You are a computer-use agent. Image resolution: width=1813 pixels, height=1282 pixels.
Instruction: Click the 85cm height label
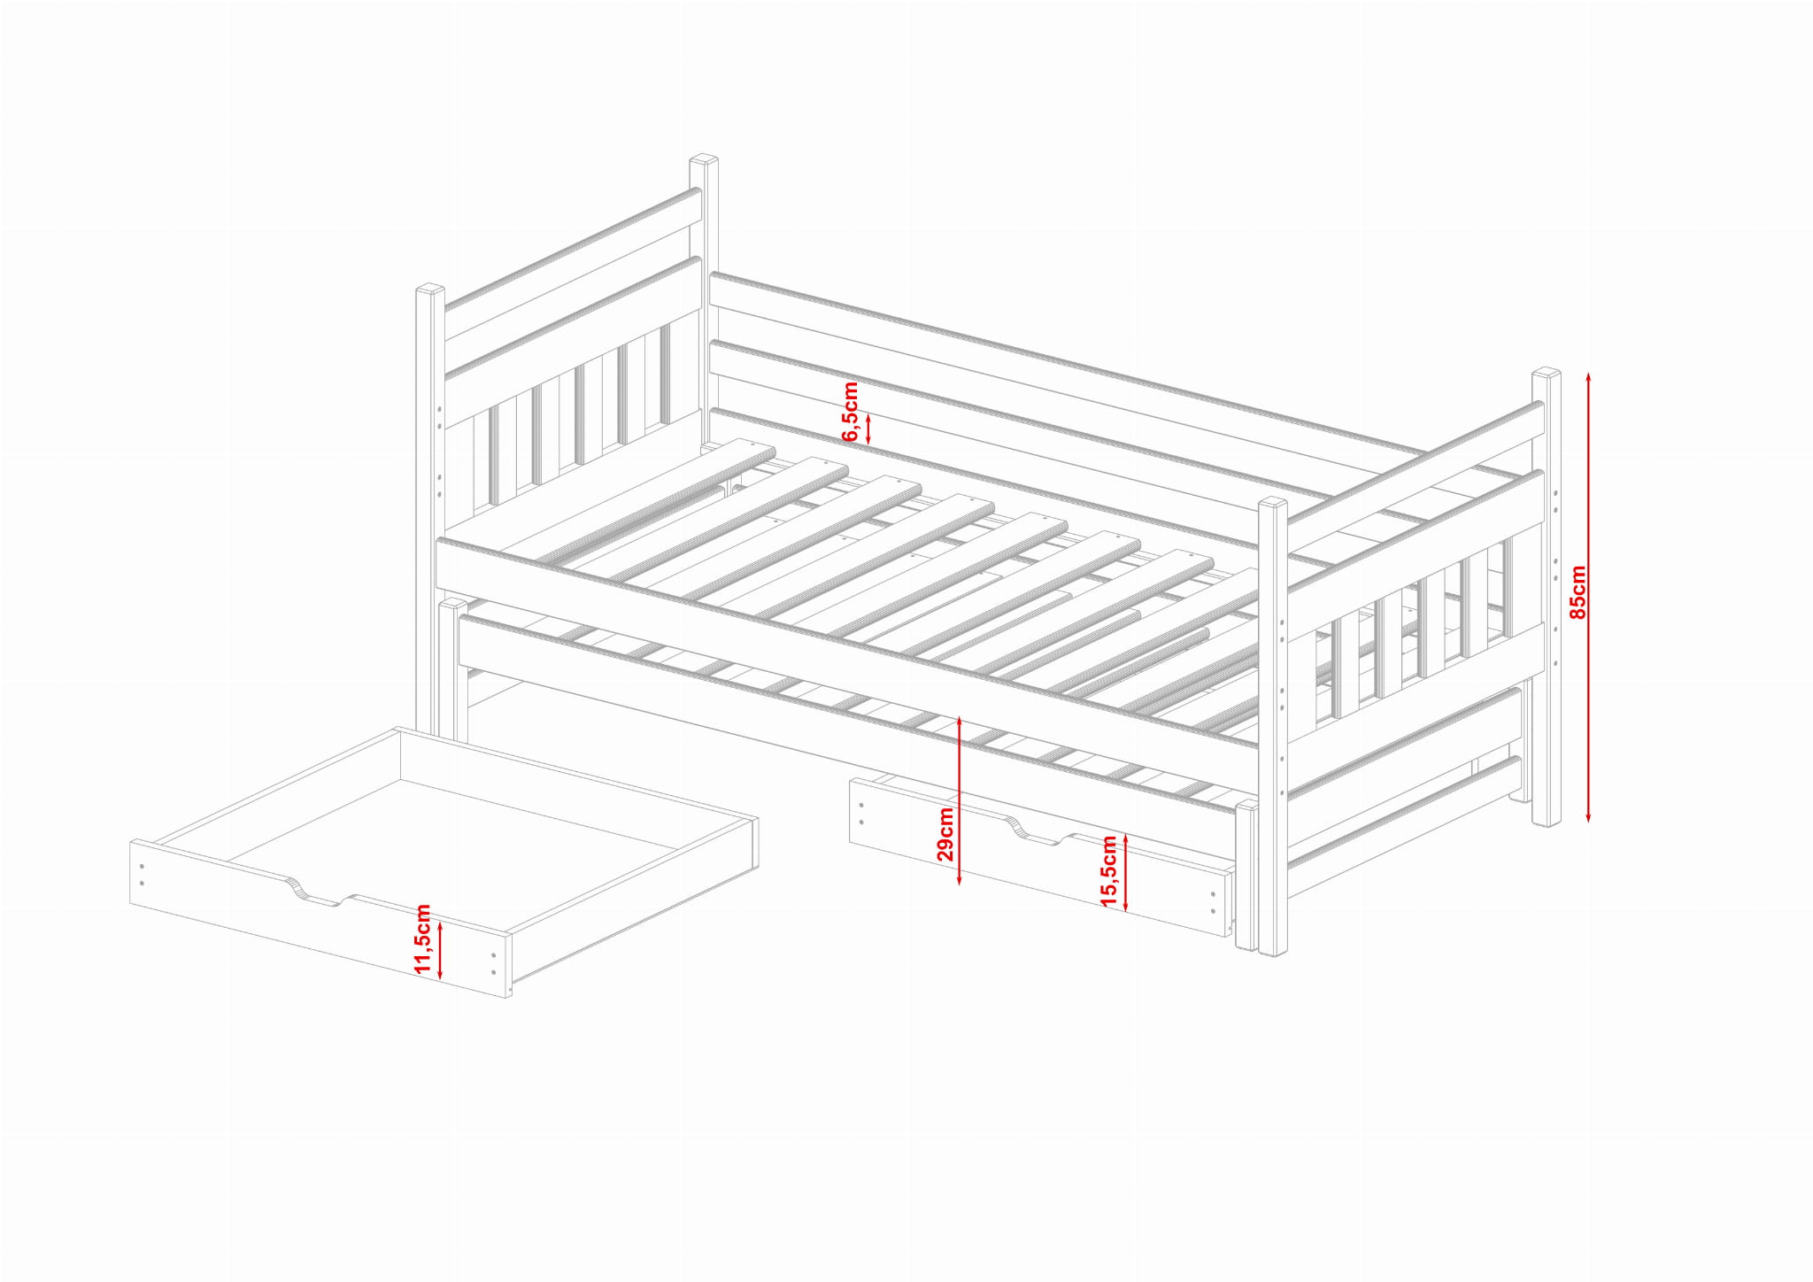(x=1577, y=592)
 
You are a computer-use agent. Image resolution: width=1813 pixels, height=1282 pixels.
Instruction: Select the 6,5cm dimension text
(x=851, y=412)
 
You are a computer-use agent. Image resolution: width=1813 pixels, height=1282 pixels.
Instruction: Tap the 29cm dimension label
(x=945, y=834)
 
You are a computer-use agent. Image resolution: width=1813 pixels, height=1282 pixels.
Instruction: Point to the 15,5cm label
(x=1108, y=871)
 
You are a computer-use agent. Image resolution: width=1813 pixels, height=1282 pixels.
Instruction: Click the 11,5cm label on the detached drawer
(x=422, y=939)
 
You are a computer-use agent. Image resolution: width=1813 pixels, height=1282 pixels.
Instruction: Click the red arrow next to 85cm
(x=1589, y=597)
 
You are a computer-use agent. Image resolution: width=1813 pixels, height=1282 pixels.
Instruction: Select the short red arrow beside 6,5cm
(x=868, y=429)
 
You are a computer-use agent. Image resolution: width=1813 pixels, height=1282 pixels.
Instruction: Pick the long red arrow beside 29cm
(x=960, y=801)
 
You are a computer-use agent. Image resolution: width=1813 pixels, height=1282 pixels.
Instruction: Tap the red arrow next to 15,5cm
(x=1125, y=872)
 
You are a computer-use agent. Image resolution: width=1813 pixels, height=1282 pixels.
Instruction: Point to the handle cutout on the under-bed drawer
(x=1039, y=831)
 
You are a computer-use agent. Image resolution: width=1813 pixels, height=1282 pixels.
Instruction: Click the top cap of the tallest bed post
(x=704, y=161)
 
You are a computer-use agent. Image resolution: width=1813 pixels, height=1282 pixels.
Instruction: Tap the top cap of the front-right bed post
(x=1273, y=503)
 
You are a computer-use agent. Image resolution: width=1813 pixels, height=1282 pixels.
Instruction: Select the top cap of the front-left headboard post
(x=430, y=290)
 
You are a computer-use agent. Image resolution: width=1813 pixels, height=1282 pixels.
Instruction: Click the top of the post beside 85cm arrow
(x=1547, y=374)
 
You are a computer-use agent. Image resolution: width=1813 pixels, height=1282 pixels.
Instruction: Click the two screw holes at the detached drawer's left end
(x=142, y=875)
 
